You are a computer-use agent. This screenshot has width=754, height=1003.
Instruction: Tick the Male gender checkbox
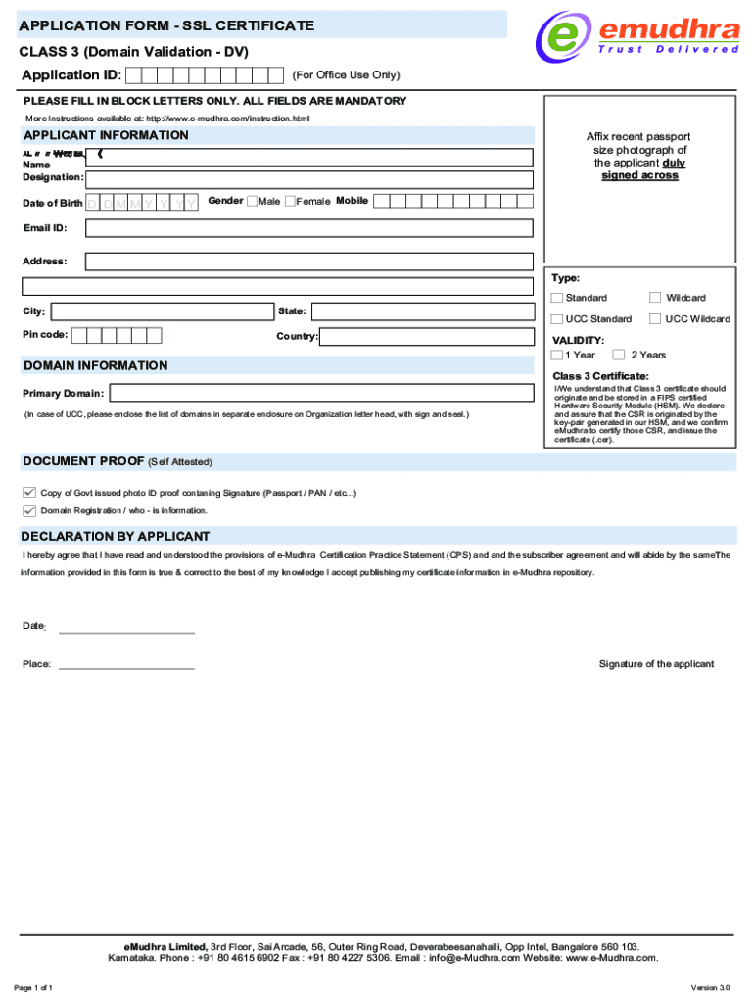click(x=252, y=201)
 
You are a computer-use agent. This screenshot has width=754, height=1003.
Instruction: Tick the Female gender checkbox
click(x=290, y=201)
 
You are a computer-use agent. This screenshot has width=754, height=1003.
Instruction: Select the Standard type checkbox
click(x=557, y=298)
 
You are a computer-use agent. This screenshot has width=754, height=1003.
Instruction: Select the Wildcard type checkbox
click(x=655, y=298)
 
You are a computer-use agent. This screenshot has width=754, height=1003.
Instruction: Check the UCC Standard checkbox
click(x=557, y=319)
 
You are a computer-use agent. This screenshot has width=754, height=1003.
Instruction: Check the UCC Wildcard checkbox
click(x=655, y=319)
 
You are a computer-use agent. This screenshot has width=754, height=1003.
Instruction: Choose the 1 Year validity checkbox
click(x=557, y=355)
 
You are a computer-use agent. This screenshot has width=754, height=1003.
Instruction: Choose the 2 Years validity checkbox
click(x=619, y=355)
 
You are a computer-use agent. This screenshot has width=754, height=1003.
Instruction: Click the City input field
click(x=162, y=311)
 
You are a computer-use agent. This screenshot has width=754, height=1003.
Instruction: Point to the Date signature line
click(x=126, y=633)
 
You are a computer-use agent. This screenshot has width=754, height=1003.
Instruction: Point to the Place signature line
click(x=126, y=668)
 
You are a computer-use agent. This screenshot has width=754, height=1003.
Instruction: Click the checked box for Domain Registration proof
click(x=29, y=510)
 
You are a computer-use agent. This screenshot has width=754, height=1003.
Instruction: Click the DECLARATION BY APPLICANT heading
click(x=116, y=536)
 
